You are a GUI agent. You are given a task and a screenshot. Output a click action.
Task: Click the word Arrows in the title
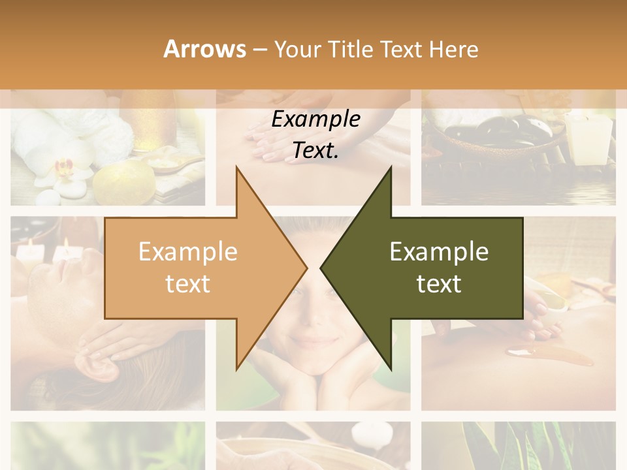coord(204,49)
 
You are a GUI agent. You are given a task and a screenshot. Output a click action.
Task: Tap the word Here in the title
coord(454,49)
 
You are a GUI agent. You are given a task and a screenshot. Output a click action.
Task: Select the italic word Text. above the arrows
coord(315,151)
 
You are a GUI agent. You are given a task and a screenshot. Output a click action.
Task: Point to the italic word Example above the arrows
coord(315,119)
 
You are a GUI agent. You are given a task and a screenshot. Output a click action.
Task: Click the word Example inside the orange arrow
coord(187,252)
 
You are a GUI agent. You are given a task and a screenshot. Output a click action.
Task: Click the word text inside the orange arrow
coord(187,284)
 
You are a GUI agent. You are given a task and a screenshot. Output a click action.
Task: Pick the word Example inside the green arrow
coord(439,252)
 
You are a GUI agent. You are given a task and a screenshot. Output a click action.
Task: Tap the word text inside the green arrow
coord(439,284)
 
